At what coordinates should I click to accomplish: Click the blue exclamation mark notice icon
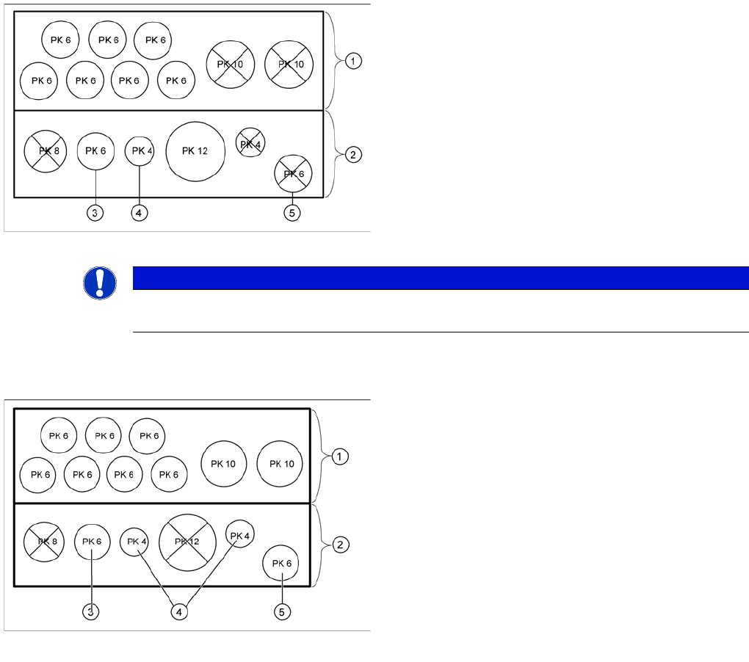pos(100,283)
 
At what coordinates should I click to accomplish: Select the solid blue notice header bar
pos(441,278)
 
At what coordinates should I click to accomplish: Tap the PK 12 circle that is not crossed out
pos(195,151)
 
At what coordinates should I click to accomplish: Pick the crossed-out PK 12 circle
pos(187,542)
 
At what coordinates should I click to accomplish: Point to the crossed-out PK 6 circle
pos(293,174)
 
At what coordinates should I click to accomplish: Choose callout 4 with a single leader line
pos(139,213)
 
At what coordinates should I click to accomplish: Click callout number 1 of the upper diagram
pos(353,62)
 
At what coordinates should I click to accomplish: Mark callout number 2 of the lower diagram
pos(340,545)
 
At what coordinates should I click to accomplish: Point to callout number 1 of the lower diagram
pos(340,457)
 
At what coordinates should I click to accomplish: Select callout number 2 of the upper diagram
pos(353,155)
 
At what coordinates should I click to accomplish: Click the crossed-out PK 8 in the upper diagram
pos(46,151)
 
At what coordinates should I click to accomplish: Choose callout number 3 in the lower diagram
pos(90,611)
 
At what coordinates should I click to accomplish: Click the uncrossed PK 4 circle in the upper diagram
pos(140,151)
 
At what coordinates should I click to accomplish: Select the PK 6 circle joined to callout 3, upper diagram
pos(96,151)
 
